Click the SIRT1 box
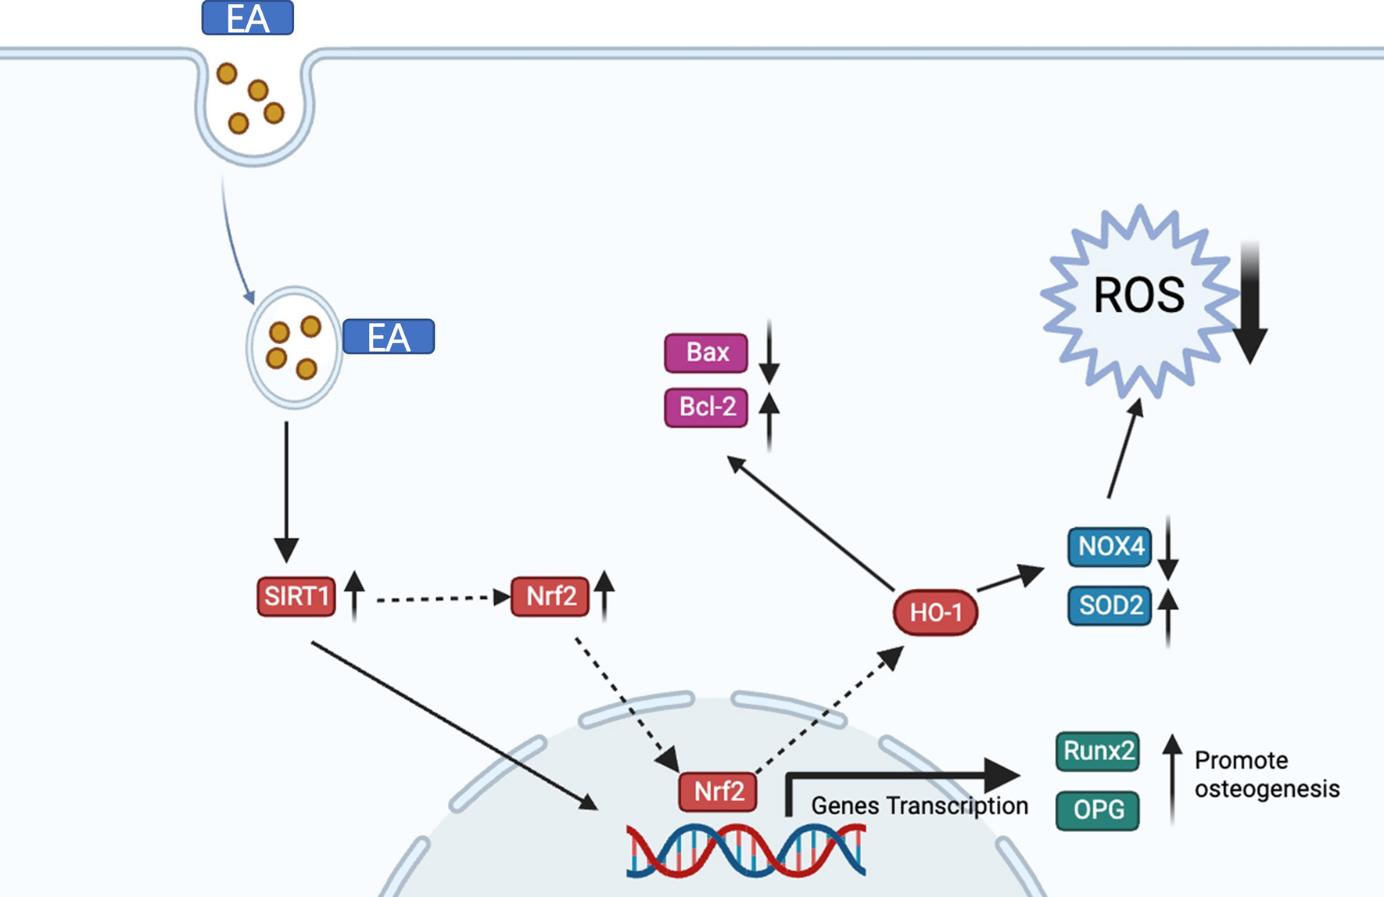(x=296, y=597)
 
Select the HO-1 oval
(x=935, y=612)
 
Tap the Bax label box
(x=706, y=353)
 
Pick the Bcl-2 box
(x=706, y=407)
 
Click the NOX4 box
(x=1110, y=546)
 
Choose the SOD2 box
(x=1110, y=605)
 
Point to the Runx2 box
(x=1097, y=752)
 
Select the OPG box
(x=1097, y=810)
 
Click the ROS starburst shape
(x=1138, y=297)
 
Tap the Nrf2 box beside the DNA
(x=718, y=791)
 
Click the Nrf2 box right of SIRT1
(x=550, y=597)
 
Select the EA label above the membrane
(x=247, y=18)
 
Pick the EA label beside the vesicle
(x=389, y=337)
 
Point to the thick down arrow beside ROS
(x=1250, y=305)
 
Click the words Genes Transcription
(x=919, y=806)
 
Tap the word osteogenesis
(x=1267, y=789)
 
